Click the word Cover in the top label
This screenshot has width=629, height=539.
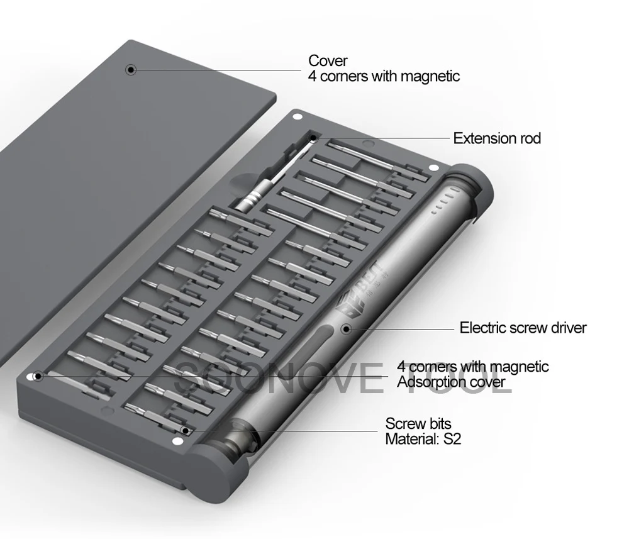pyautogui.click(x=328, y=61)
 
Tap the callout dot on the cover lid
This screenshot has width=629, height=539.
pyautogui.click(x=131, y=70)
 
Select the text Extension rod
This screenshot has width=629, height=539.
pyautogui.click(x=497, y=138)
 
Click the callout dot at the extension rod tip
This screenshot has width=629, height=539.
pyautogui.click(x=313, y=138)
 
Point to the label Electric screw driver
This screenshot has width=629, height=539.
pyautogui.click(x=523, y=328)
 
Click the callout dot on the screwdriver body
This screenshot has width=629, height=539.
pyautogui.click(x=346, y=330)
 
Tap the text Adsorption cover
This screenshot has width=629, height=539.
pyautogui.click(x=451, y=382)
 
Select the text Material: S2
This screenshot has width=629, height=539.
pyautogui.click(x=423, y=439)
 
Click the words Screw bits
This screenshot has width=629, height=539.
pyautogui.click(x=418, y=423)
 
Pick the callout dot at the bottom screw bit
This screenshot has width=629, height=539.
pyautogui.click(x=185, y=431)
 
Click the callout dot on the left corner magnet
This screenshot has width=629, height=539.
pyautogui.click(x=38, y=376)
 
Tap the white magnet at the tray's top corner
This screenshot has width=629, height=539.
pyautogui.click(x=298, y=117)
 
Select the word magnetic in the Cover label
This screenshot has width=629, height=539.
pyautogui.click(x=430, y=76)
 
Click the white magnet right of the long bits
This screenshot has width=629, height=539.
pyautogui.click(x=433, y=168)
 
